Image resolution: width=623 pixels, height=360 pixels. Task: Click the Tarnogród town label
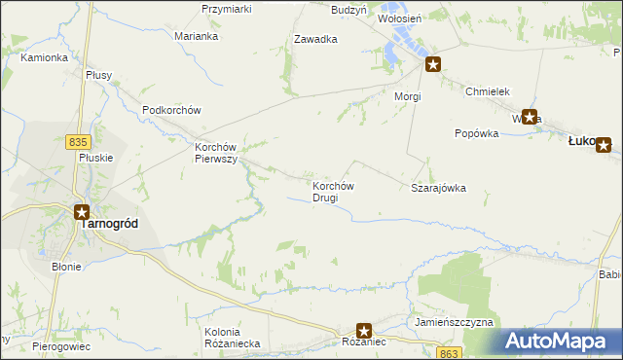(x=108, y=223)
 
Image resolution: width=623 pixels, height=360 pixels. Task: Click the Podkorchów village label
(x=170, y=110)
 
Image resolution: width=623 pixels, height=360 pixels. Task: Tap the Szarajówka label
(x=439, y=188)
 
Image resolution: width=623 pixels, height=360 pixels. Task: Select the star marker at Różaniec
(x=364, y=331)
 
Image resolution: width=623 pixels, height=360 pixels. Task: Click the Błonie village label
(x=67, y=266)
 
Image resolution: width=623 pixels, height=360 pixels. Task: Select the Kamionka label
(x=44, y=57)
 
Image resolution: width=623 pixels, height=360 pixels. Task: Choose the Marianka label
(x=196, y=36)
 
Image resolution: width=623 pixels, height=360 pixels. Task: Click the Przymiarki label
(x=227, y=9)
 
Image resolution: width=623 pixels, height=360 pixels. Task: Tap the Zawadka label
(x=315, y=40)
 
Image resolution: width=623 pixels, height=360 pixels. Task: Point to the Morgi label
(x=407, y=97)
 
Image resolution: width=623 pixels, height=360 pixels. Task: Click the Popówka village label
(x=476, y=133)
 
